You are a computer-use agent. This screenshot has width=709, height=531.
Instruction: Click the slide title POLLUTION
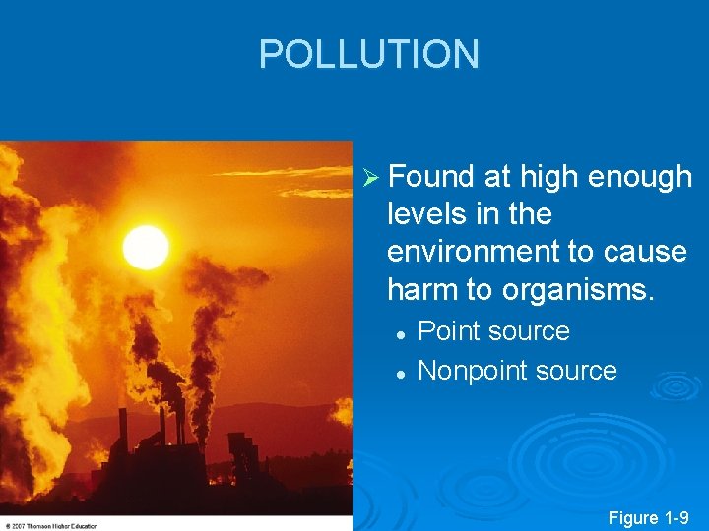coord(368,55)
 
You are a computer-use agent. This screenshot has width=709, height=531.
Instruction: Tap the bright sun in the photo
coord(146,246)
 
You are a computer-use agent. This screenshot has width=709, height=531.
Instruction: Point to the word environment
coord(473,252)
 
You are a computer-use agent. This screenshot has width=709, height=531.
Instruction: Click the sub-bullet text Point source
coord(493,331)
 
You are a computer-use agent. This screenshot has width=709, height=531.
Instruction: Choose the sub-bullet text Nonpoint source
coord(517,371)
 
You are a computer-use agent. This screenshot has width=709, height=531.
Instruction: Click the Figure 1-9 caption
coord(649,516)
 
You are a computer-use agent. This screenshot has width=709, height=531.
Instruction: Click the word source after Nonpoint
coord(575,371)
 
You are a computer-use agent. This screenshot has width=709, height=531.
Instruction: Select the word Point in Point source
coord(451,331)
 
